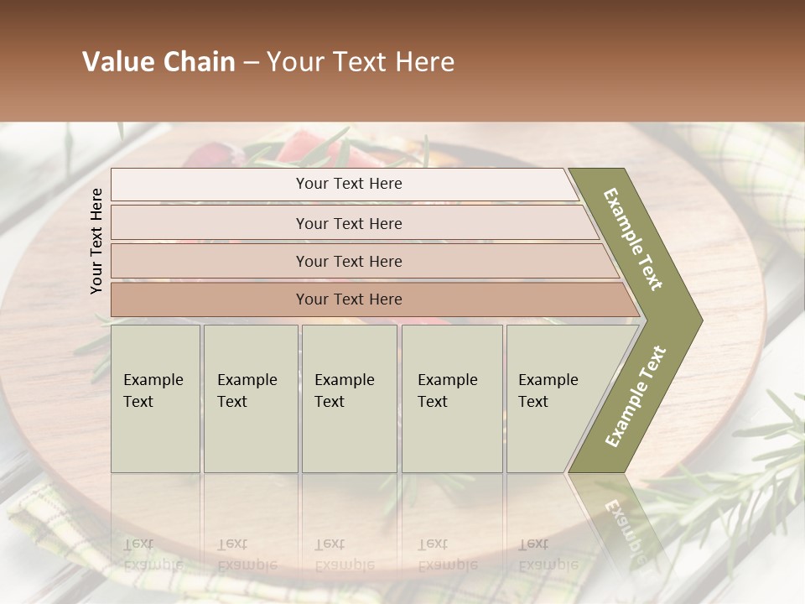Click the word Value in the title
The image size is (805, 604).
[118, 62]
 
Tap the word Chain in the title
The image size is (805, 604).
[198, 62]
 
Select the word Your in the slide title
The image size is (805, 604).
[293, 62]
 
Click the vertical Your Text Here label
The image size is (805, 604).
[96, 241]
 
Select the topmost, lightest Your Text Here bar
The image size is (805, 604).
[349, 184]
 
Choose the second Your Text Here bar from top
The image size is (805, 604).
[349, 223]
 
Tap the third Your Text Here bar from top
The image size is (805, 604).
[349, 261]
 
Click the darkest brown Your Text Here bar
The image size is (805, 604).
[349, 299]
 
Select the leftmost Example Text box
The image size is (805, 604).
[155, 398]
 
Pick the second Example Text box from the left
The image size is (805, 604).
[250, 398]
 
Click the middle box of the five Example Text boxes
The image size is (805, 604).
[348, 398]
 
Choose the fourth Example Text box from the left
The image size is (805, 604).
[453, 398]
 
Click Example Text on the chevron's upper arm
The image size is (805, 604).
[632, 239]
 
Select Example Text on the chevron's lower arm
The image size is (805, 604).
[635, 396]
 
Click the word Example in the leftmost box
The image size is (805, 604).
[153, 380]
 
